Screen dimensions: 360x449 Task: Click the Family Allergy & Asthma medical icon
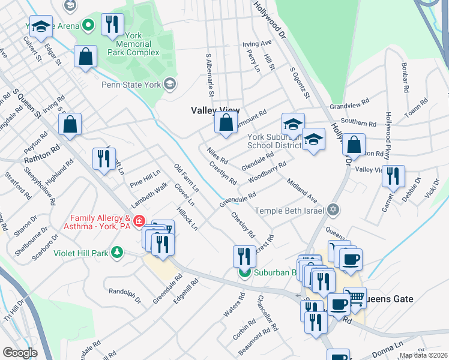139,221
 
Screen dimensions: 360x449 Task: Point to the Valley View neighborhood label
215,110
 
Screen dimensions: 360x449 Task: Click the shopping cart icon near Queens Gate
355,297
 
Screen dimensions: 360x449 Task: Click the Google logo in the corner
20,353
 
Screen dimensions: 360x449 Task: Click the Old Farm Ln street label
186,178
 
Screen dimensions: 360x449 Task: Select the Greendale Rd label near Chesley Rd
238,200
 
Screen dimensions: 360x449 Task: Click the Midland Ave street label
301,190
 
